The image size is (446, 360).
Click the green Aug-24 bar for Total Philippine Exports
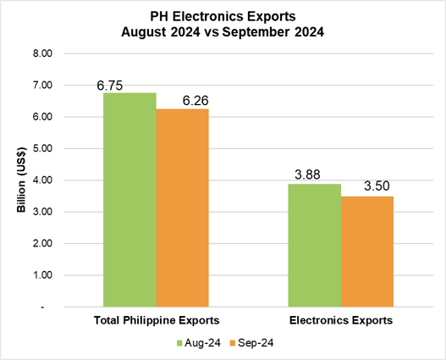click(x=129, y=198)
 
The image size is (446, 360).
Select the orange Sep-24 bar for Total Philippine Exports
click(x=182, y=207)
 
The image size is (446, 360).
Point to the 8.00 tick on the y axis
click(x=41, y=53)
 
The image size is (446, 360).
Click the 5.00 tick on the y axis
click(x=41, y=148)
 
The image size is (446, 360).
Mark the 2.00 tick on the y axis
click(x=41, y=244)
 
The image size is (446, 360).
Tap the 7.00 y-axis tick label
click(x=41, y=85)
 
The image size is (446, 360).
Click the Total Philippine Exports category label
click(x=156, y=320)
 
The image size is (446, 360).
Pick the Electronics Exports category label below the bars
click(x=340, y=320)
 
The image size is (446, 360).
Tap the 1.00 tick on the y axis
click(x=41, y=275)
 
